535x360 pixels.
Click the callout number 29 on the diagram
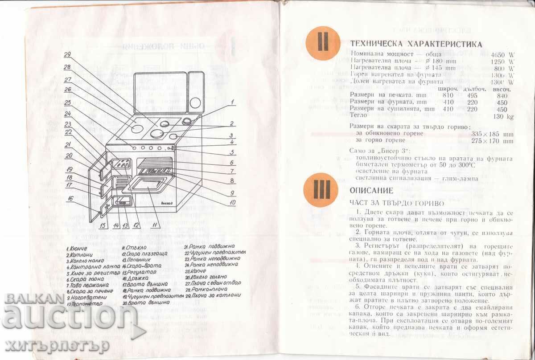[x=67, y=55]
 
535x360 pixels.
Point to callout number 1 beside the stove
[x=233, y=102]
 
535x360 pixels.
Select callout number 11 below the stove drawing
[x=154, y=225]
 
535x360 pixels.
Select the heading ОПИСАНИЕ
[x=371, y=191]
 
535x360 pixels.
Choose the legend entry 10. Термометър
[x=85, y=304]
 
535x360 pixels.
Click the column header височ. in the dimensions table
[x=502, y=89]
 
